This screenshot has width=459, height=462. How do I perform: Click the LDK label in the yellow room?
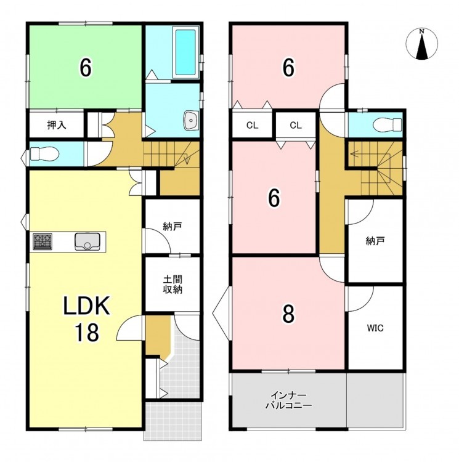(86, 306)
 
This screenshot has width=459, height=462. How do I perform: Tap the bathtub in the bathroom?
(185, 52)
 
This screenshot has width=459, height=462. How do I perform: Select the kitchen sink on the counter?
(87, 241)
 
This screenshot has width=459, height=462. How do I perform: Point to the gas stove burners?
(43, 241)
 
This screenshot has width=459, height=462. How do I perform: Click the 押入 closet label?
(57, 125)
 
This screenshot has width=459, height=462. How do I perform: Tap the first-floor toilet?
(44, 154)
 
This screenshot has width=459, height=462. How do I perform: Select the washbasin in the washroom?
(191, 121)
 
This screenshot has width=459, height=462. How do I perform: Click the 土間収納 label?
(173, 284)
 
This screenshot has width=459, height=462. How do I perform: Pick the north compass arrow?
(422, 46)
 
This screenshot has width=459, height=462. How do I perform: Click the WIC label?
(375, 328)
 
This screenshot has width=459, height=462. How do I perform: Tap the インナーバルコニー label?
(289, 400)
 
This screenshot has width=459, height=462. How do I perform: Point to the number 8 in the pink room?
(288, 314)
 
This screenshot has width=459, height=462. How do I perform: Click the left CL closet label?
(252, 126)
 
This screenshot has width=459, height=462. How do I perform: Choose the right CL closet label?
(296, 126)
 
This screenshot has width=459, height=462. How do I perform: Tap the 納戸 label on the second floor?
(375, 241)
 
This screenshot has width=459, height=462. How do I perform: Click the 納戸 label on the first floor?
(173, 226)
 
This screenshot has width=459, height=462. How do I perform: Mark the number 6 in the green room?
(86, 68)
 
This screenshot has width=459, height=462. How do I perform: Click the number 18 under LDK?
(86, 332)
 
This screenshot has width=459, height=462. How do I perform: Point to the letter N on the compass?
(422, 31)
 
